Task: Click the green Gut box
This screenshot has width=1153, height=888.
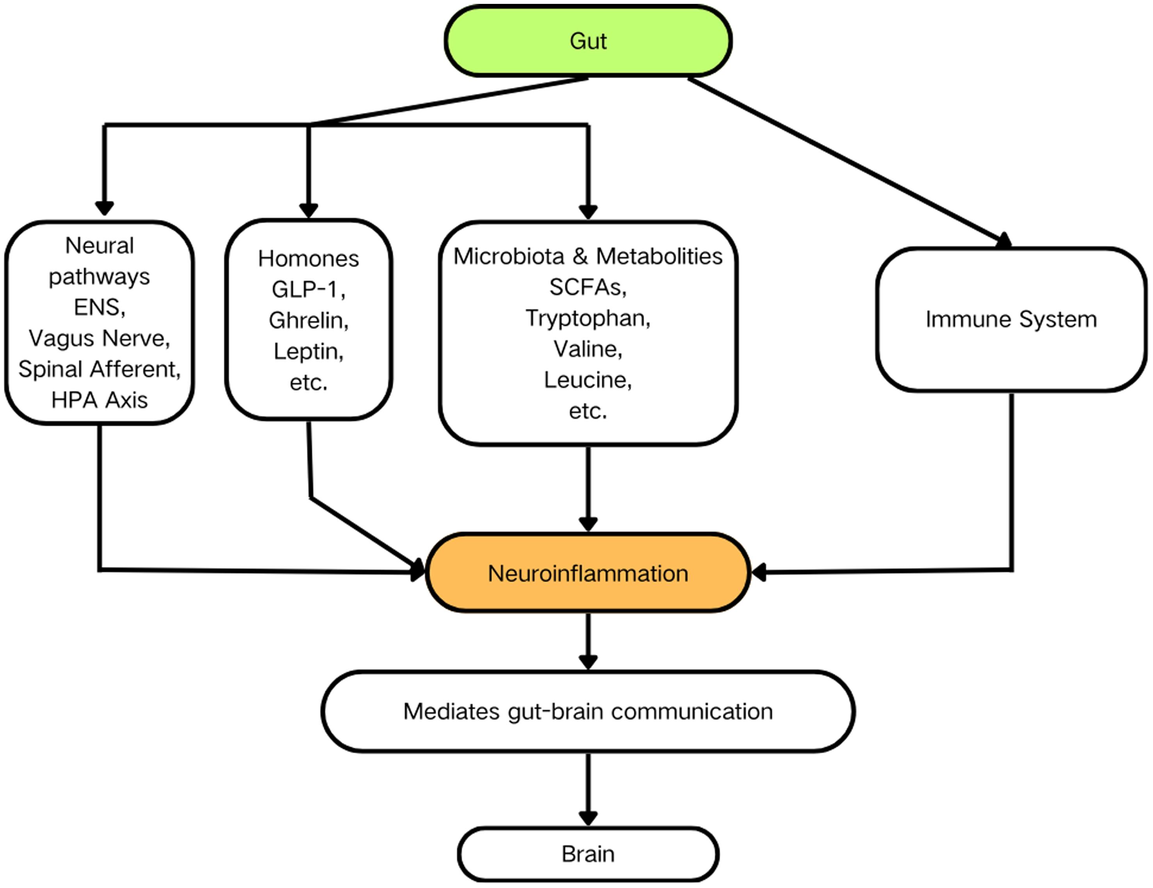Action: [x=588, y=41]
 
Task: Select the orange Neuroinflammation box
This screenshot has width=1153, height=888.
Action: [x=588, y=573]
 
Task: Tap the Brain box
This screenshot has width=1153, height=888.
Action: [x=588, y=854]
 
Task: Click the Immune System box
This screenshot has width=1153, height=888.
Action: [x=1011, y=319]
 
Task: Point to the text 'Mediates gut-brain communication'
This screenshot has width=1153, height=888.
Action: [x=588, y=711]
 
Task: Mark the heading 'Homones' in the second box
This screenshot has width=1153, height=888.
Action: [x=308, y=259]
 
